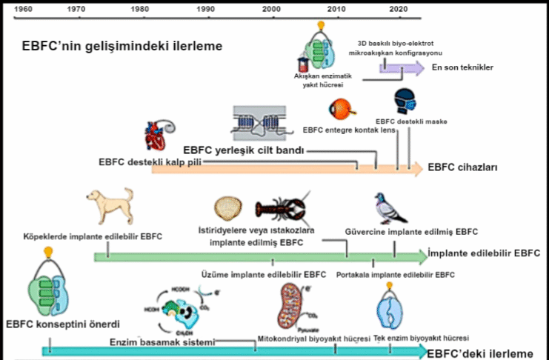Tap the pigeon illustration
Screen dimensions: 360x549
tap(390, 208)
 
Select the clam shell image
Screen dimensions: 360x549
tap(227, 207)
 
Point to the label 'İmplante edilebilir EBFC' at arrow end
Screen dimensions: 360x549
tap(485, 253)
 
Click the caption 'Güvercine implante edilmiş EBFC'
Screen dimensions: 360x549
tap(411, 231)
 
